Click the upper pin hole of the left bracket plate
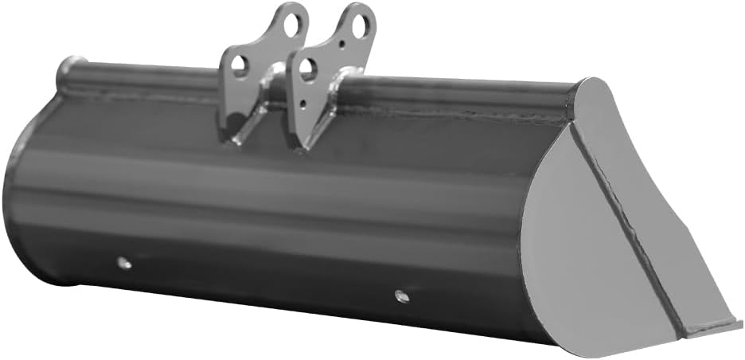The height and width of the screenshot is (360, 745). [293, 22]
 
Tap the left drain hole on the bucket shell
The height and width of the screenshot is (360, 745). [123, 262]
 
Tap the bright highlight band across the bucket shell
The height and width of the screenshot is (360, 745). [279, 191]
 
